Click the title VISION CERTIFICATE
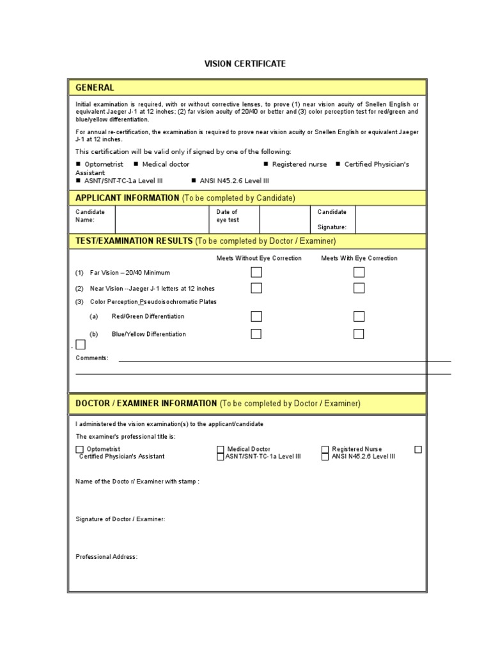pyautogui.click(x=245, y=64)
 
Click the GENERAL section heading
pyautogui.click(x=95, y=87)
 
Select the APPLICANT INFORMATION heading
pyautogui.click(x=127, y=198)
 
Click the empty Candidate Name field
pyautogui.click(x=161, y=219)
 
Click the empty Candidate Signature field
pyautogui.click(x=390, y=219)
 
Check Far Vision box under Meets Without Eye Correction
pyautogui.click(x=256, y=272)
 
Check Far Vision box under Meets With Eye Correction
pyautogui.click(x=359, y=272)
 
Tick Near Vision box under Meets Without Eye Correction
pyautogui.click(x=256, y=288)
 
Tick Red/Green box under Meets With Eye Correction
pyautogui.click(x=359, y=316)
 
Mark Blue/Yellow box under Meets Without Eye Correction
pyautogui.click(x=256, y=333)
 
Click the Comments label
pyautogui.click(x=92, y=358)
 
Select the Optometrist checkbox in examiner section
pyautogui.click(x=80, y=450)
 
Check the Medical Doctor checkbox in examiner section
pyautogui.click(x=221, y=450)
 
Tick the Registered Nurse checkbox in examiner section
pyautogui.click(x=325, y=450)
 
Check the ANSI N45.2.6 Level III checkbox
pyautogui.click(x=325, y=457)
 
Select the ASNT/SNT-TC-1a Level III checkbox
pyautogui.click(x=221, y=457)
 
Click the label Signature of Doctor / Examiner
pyautogui.click(x=120, y=519)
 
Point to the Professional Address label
pyautogui.click(x=106, y=557)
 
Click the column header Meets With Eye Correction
pyautogui.click(x=359, y=258)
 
